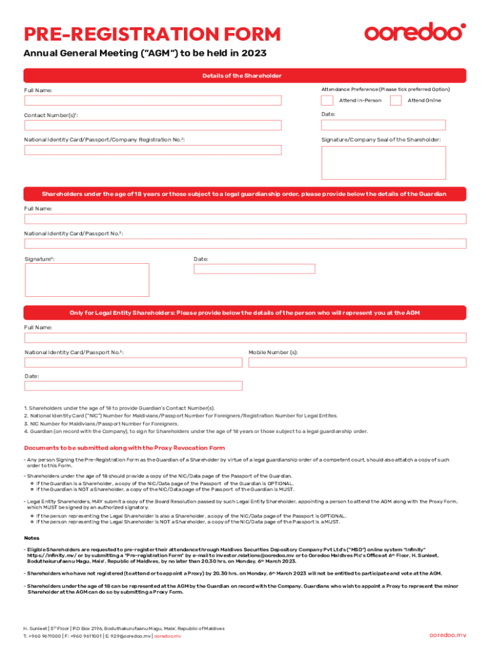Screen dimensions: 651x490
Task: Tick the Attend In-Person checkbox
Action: coord(326,100)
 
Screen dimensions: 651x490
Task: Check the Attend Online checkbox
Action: coord(395,100)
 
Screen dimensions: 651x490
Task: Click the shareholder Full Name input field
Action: coord(153,100)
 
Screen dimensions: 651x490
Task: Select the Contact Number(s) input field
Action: coord(153,125)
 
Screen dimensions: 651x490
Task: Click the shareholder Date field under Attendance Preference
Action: coord(383,125)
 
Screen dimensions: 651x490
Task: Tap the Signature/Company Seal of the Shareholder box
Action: coord(383,163)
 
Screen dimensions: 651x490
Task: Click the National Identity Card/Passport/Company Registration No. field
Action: coord(153,150)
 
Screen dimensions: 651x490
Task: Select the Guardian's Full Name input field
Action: coord(245,219)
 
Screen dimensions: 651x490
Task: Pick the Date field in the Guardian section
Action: coord(254,269)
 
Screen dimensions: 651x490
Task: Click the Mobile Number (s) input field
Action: coord(357,362)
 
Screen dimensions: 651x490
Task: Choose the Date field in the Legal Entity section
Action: coord(133,386)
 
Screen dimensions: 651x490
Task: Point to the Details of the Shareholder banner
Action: coord(242,76)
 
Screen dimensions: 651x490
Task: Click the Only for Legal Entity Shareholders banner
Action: coord(244,313)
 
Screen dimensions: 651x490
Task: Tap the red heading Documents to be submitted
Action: coord(124,448)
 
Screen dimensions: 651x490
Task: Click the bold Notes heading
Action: coord(31,538)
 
